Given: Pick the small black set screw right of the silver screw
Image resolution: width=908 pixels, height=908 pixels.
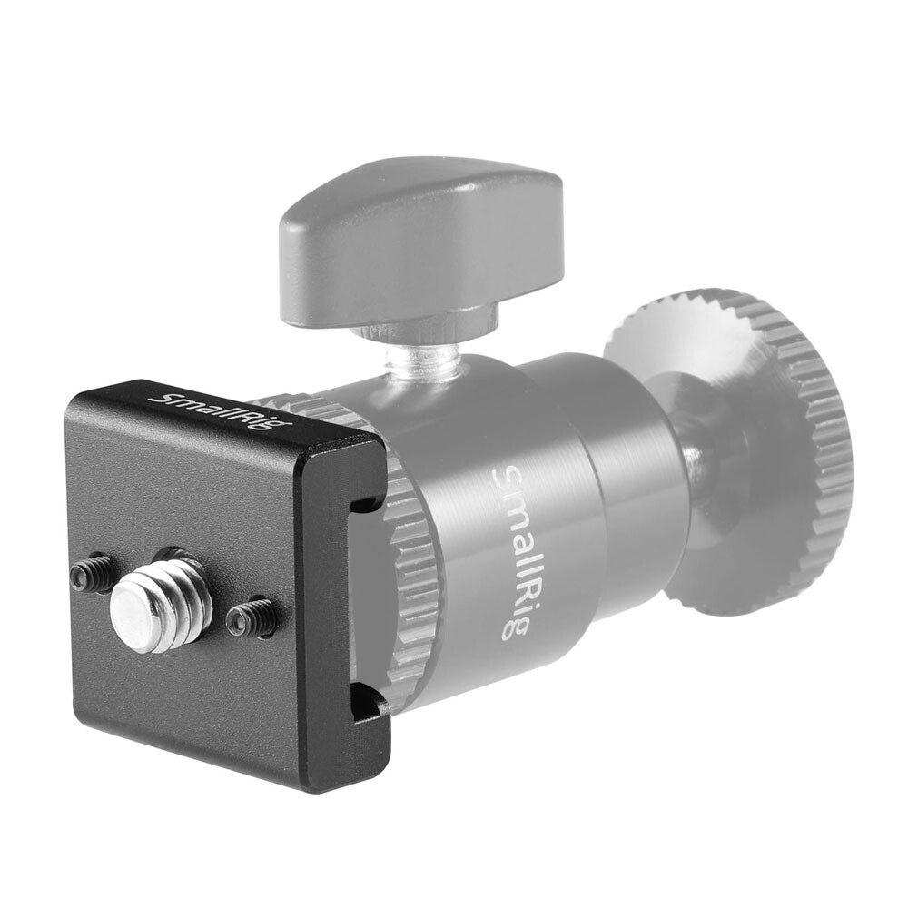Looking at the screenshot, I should click(252, 617).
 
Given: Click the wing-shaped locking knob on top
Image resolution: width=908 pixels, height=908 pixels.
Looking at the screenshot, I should click(420, 238).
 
